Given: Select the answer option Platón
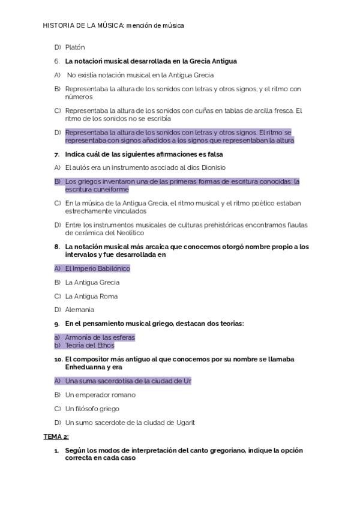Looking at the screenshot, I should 75,47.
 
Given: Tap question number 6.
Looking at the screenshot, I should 56,61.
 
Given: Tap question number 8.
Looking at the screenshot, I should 56,247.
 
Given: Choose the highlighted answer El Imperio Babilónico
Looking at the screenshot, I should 97,268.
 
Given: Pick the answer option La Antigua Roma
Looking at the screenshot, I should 91,296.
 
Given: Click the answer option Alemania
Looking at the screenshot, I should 80,310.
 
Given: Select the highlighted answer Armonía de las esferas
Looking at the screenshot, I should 100,337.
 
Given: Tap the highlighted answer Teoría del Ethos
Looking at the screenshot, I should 89,345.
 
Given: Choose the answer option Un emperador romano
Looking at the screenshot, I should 100,395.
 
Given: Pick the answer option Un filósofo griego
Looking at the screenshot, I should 92,409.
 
